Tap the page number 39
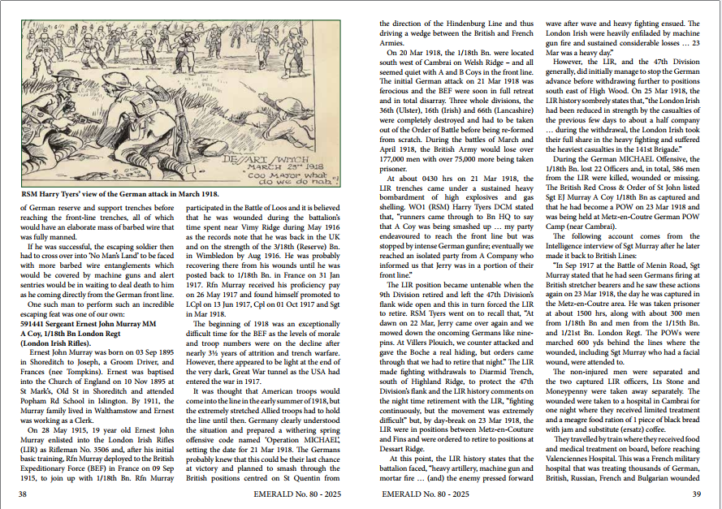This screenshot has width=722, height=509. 696,494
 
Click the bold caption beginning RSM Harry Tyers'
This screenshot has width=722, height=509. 119,195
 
